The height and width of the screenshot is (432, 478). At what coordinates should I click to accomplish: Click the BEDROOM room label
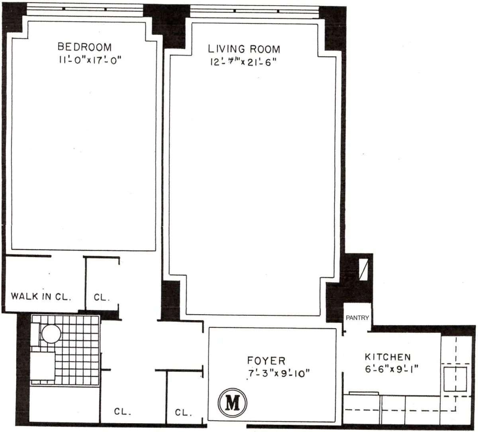tap(84, 47)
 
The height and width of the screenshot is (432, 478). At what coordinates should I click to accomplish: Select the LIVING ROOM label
tap(244, 49)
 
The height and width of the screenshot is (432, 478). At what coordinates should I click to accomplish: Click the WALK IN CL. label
tap(41, 296)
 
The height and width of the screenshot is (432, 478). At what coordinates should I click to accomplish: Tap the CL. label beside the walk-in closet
tap(102, 297)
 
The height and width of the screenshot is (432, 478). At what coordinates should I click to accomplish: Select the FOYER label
tap(266, 361)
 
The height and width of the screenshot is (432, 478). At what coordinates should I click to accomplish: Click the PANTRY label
tap(357, 318)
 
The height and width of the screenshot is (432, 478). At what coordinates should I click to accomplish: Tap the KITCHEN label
tap(387, 357)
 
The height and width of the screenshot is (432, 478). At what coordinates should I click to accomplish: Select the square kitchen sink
tap(455, 379)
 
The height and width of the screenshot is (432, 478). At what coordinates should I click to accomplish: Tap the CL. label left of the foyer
tap(183, 412)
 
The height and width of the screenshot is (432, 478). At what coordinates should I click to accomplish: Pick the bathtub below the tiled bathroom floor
tap(65, 402)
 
